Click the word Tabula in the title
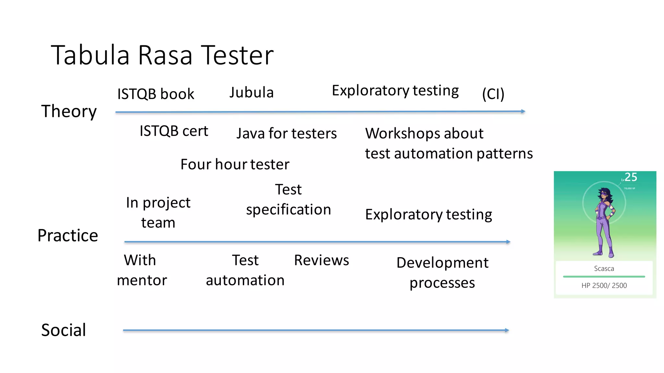click(x=90, y=55)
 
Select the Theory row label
click(x=69, y=111)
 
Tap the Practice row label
click(x=67, y=235)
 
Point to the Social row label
click(x=64, y=330)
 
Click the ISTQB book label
click(x=156, y=94)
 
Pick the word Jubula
click(x=252, y=93)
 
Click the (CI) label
click(x=493, y=94)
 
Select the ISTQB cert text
click(x=174, y=131)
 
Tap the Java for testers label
click(x=287, y=133)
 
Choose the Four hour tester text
click(x=235, y=164)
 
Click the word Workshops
click(x=424, y=133)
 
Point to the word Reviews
click(x=321, y=260)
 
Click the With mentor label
click(x=142, y=270)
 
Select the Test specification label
click(x=288, y=199)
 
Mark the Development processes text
click(x=442, y=273)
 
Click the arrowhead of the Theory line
click(x=523, y=111)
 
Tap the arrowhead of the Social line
click(x=507, y=330)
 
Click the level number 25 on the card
click(x=631, y=177)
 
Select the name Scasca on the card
click(x=604, y=268)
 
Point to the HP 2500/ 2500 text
click(x=604, y=286)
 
